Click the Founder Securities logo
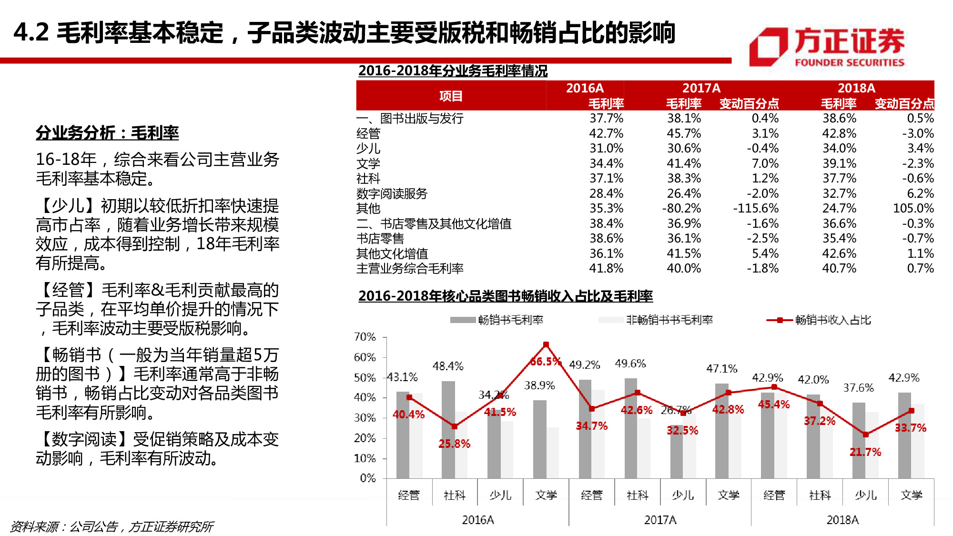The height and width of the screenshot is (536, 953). (827, 47)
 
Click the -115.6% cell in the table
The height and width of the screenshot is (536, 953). (756, 209)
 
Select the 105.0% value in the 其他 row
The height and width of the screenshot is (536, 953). (913, 209)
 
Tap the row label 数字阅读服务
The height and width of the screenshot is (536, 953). (392, 193)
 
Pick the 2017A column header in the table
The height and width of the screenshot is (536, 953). (701, 88)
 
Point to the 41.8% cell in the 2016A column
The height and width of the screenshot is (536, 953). (606, 269)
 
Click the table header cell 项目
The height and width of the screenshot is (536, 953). (451, 96)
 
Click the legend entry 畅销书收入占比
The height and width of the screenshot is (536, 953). (832, 320)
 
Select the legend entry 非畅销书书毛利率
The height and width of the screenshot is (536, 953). (669, 320)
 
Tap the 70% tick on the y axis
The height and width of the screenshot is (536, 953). (365, 337)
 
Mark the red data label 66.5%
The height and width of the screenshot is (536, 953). (545, 362)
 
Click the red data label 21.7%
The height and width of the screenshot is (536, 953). (865, 452)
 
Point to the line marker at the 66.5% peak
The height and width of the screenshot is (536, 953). (546, 344)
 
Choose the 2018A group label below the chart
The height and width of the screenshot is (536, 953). (842, 520)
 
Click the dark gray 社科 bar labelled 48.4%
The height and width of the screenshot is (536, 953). (448, 429)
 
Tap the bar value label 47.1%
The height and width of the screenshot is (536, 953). (721, 369)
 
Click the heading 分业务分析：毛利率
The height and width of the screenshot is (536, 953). (107, 133)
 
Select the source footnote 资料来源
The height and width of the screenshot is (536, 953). (112, 526)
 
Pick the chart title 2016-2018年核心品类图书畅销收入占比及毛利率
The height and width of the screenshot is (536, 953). (506, 296)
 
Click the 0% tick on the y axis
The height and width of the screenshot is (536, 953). (368, 478)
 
